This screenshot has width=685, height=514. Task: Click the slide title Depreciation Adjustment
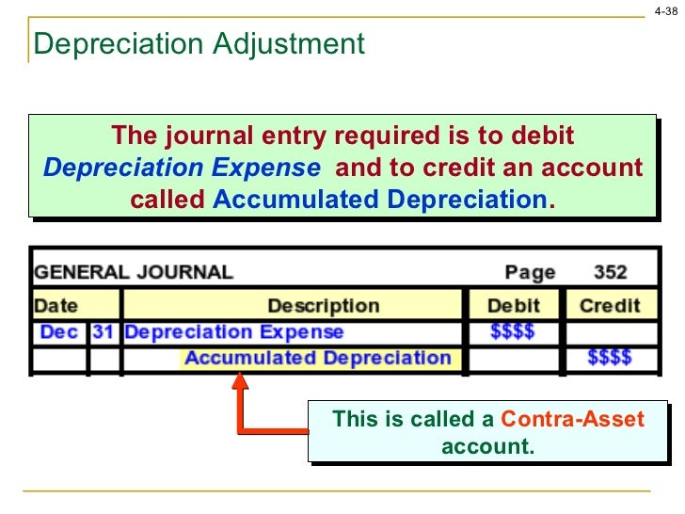[198, 43]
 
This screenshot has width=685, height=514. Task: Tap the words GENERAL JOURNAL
[133, 273]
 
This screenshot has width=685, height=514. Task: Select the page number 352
[610, 273]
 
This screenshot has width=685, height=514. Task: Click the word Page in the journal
[530, 273]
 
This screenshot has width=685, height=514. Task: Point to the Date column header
[56, 306]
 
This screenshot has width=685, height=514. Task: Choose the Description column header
[323, 306]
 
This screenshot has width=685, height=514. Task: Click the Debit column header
[514, 306]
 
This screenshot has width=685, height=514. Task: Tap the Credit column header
[610, 306]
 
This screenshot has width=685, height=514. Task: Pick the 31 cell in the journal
[103, 332]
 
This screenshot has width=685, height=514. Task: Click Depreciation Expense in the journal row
[234, 332]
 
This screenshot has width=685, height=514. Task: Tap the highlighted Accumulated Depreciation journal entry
[317, 359]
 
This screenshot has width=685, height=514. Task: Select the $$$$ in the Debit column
[514, 332]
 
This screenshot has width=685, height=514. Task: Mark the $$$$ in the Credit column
[610, 359]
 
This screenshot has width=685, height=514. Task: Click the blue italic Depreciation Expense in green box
[182, 169]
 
